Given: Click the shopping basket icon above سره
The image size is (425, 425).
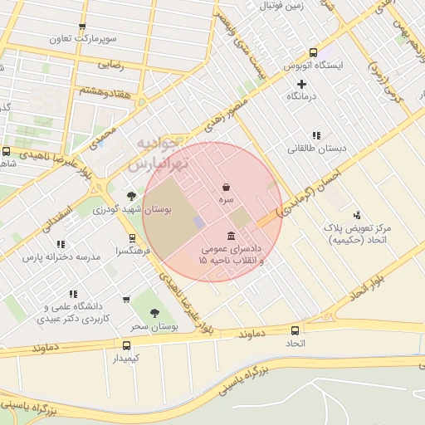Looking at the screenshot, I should pyautogui.click(x=227, y=187).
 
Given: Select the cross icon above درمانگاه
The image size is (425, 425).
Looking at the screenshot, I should pyautogui.click(x=301, y=84).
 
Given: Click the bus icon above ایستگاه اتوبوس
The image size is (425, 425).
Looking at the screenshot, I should pyautogui.click(x=313, y=51).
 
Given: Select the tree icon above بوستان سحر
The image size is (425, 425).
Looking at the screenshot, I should pyautogui.click(x=154, y=312).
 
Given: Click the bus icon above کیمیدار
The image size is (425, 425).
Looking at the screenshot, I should pyautogui.click(x=126, y=345).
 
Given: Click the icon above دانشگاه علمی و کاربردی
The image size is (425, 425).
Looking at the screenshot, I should pyautogui.click(x=75, y=294).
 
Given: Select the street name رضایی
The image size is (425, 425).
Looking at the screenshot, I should pyautogui.click(x=111, y=62).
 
